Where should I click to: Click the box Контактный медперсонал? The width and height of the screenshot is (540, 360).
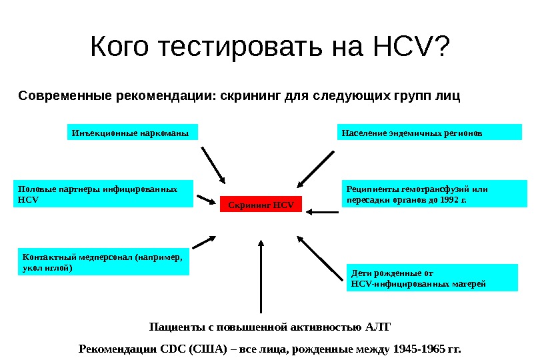(102, 262)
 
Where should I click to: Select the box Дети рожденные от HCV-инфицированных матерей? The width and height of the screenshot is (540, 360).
(433, 277)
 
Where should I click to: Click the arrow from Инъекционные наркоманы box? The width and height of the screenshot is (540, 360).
(213, 165)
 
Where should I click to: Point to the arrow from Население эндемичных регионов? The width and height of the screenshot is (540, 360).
(315, 169)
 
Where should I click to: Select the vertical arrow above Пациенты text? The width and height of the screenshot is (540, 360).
(261, 275)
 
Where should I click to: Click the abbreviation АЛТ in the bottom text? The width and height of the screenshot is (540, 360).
(377, 327)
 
